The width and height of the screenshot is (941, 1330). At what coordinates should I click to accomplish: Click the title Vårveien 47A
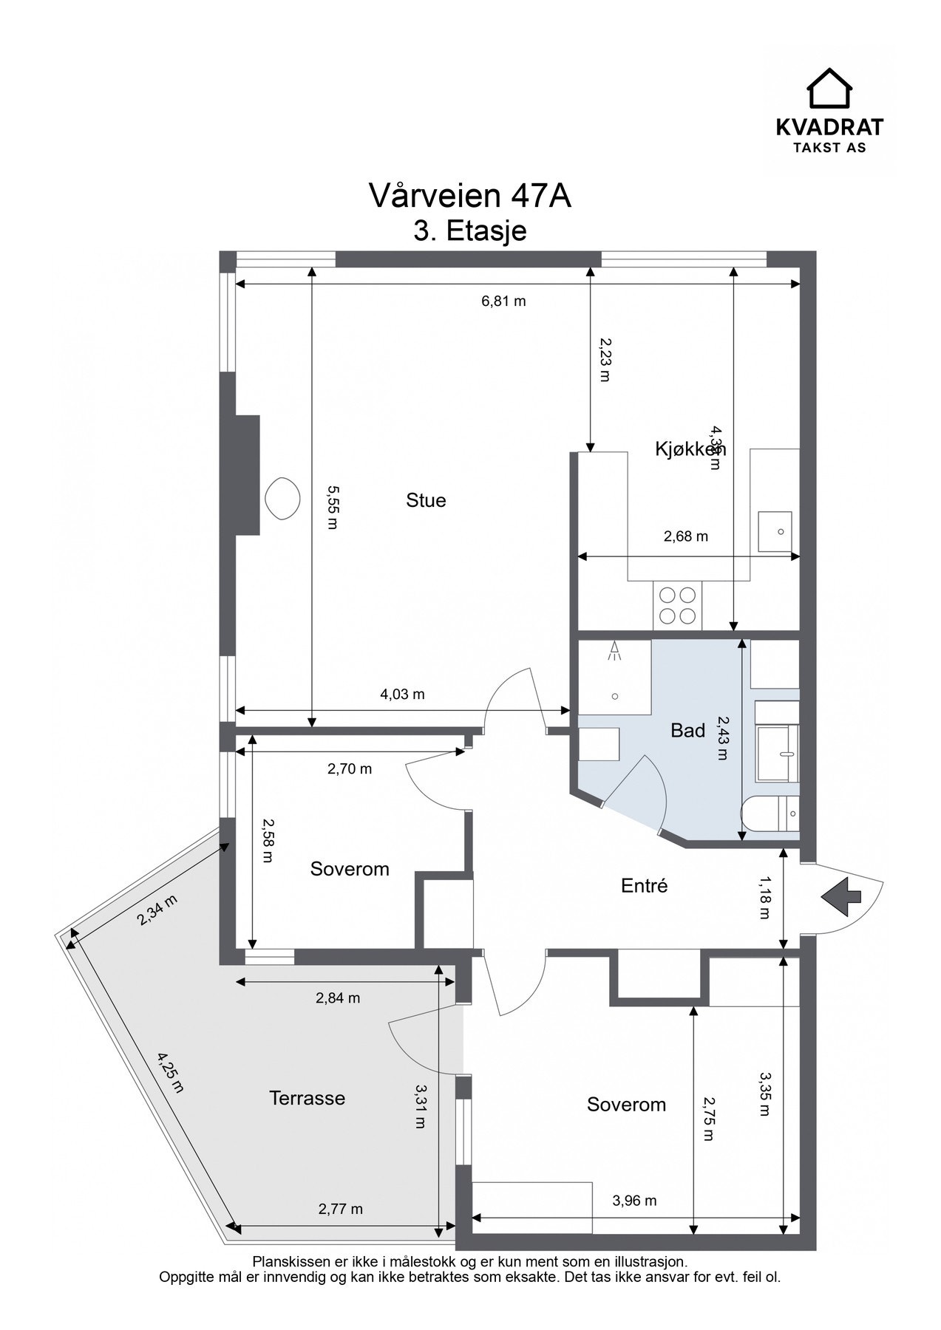[x=470, y=197]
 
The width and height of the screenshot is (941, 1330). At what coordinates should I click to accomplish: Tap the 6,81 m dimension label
[x=503, y=301]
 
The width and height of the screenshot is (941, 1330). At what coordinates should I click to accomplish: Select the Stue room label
[x=426, y=500]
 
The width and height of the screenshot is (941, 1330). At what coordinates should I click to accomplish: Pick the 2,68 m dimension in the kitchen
[x=685, y=536]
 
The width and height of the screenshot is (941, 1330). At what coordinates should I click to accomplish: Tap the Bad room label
[x=687, y=731]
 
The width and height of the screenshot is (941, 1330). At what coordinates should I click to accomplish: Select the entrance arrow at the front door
[x=841, y=896]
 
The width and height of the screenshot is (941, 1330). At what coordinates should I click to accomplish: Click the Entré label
[x=645, y=885]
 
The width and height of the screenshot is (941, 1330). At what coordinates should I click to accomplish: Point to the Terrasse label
[x=307, y=1098]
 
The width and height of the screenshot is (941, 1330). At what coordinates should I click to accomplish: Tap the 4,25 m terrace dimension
[x=170, y=1073]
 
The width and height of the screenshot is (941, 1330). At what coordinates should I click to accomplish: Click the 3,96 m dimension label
[x=634, y=1201]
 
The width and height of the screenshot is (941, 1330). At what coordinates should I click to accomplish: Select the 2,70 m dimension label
[x=349, y=769]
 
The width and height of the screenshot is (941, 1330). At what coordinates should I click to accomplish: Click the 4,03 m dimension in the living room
[x=402, y=695]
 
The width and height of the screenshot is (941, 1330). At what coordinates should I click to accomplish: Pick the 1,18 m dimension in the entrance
[x=764, y=898]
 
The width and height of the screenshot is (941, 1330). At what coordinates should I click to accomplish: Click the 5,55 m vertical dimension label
[x=332, y=507]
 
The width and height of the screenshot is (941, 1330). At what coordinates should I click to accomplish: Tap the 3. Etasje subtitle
[x=470, y=231]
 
